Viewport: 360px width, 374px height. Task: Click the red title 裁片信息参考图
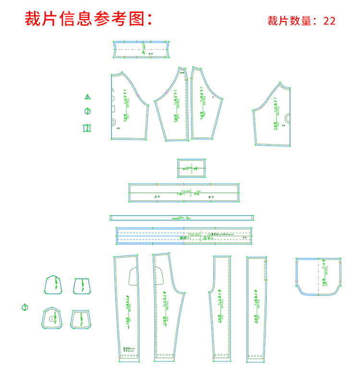(x=89, y=19)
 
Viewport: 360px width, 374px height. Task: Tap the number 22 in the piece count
(x=329, y=21)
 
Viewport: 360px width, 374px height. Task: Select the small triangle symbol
(x=87, y=97)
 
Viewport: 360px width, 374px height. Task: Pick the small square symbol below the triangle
(x=87, y=128)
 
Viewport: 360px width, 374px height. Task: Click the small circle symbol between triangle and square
(x=87, y=112)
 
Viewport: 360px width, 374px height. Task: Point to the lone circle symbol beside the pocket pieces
(x=25, y=307)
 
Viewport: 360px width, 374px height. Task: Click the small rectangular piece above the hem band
(x=192, y=168)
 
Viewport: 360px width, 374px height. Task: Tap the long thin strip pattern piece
(x=182, y=218)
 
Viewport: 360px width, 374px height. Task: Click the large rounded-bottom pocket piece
(x=318, y=277)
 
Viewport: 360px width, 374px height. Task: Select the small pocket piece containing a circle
(x=51, y=318)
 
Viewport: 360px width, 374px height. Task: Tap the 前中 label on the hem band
(x=210, y=197)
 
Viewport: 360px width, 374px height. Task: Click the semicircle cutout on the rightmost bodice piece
(x=288, y=118)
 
